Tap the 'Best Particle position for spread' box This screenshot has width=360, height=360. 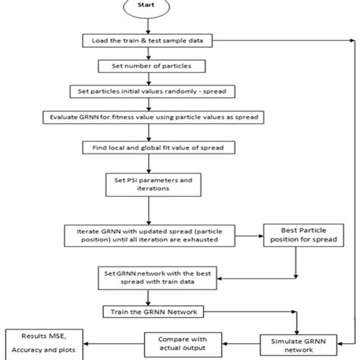click(x=300, y=235)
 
